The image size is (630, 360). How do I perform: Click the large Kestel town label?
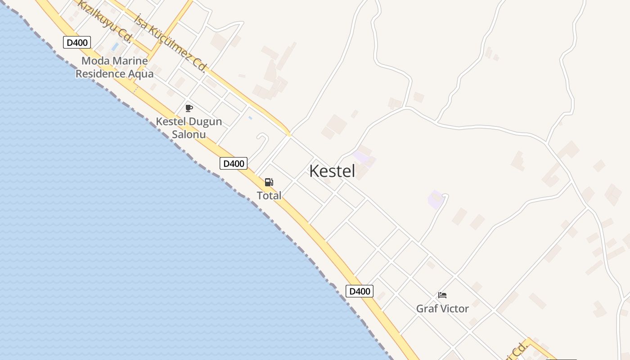coord(332,171)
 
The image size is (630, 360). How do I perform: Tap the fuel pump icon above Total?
coord(269,182)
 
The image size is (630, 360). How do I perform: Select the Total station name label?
coord(269,195)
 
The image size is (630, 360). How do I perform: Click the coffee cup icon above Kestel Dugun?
coord(189,108)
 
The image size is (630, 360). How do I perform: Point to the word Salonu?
coord(189,134)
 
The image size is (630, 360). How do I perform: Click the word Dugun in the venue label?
coord(205,121)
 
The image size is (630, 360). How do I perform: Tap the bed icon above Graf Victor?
coord(442,295)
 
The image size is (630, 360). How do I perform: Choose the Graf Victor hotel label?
coord(442,309)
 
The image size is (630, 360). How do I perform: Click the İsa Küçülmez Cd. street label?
coord(171,43)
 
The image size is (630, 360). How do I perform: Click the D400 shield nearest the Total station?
coord(234,163)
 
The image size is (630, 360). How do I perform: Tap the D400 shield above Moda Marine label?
coord(77,43)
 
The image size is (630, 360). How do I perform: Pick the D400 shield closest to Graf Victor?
coord(360,291)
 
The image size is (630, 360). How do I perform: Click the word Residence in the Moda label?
coord(100,73)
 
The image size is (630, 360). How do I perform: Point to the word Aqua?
coord(141,73)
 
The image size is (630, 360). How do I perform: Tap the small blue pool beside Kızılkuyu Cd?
coord(115,47)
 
